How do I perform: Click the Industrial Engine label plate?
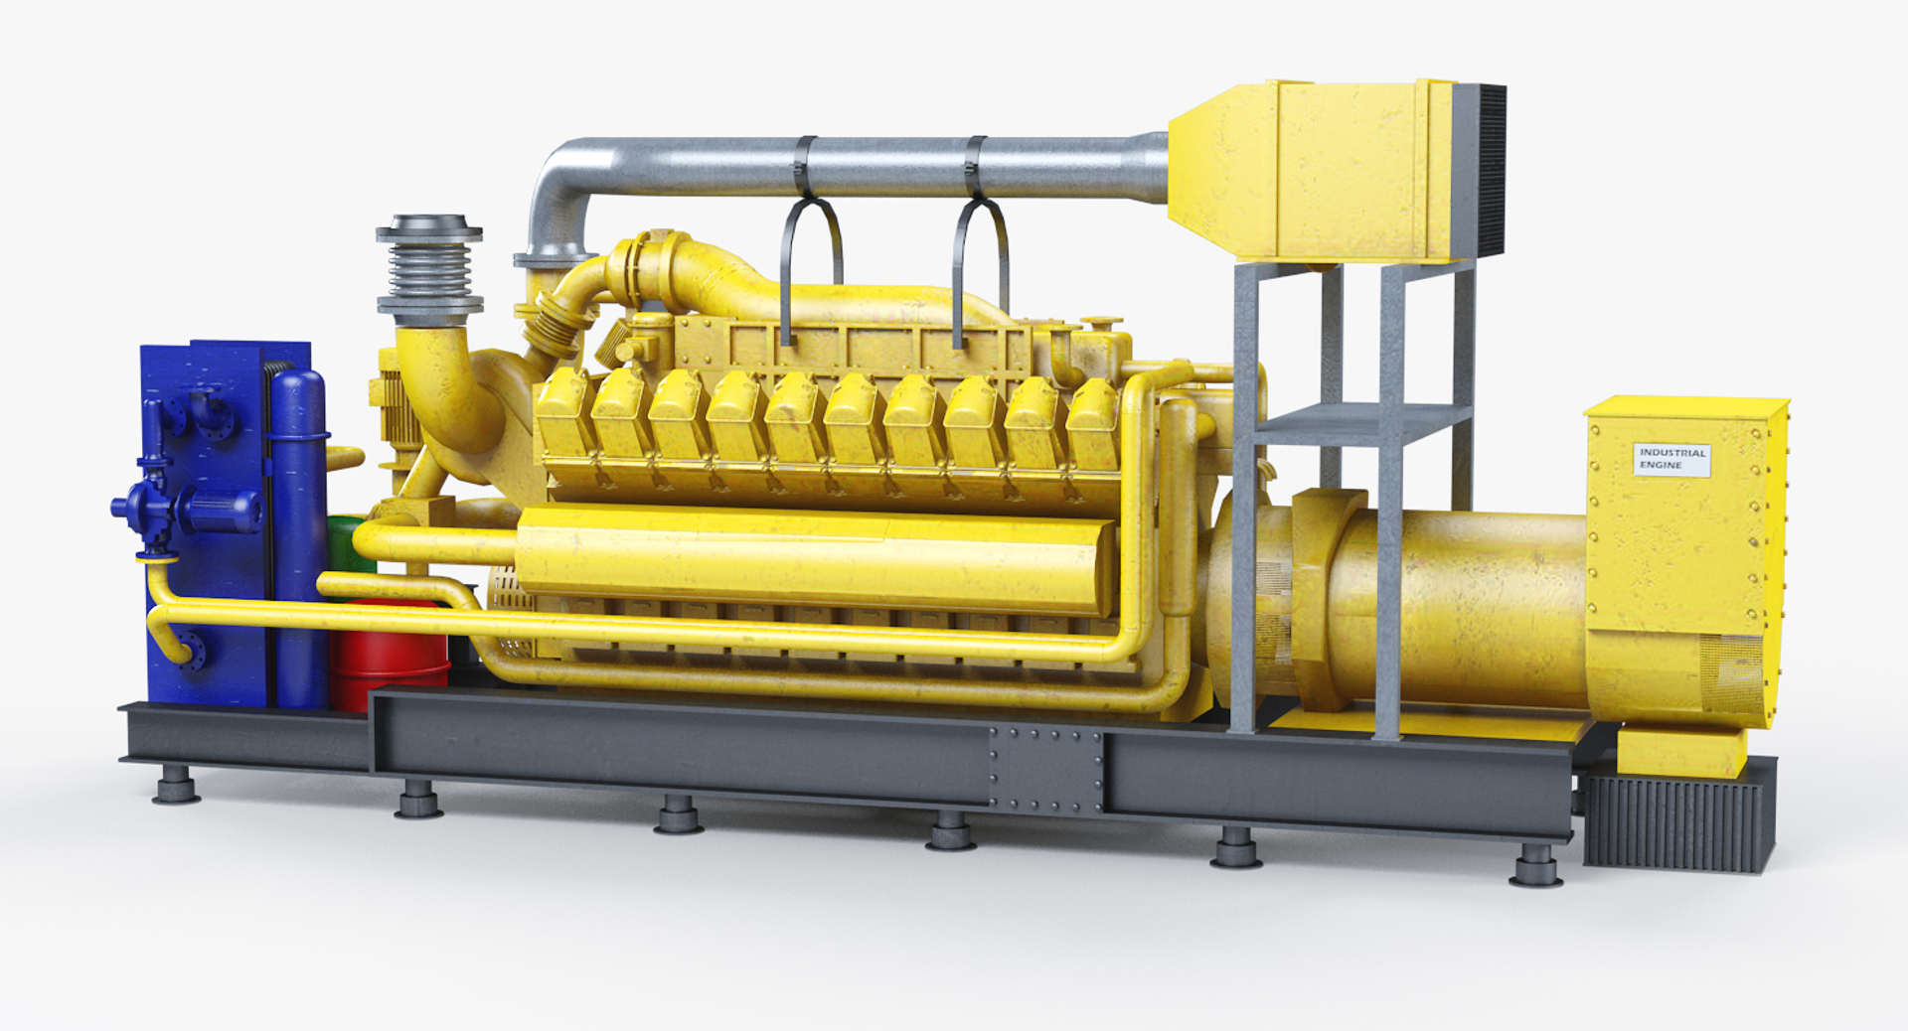pyautogui.click(x=1671, y=459)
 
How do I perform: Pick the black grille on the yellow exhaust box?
pyautogui.click(x=1480, y=171)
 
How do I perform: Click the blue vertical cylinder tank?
pyautogui.click(x=299, y=536)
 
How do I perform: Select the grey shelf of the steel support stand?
pyautogui.click(x=1361, y=425)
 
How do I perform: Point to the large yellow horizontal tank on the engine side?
pyautogui.click(x=815, y=558)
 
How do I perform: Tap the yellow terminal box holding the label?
pyautogui.click(x=1679, y=536)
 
